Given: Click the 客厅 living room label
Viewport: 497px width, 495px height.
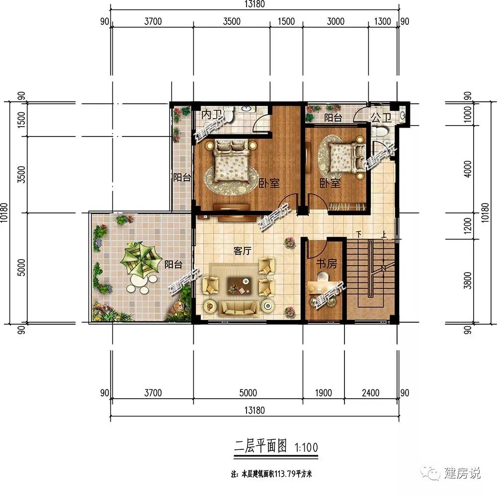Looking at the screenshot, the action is [x=243, y=251].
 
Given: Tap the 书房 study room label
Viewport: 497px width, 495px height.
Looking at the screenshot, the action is [x=327, y=263].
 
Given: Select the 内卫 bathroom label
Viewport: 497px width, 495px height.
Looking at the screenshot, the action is [x=211, y=115].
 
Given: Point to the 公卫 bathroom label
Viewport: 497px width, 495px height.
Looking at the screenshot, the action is [x=381, y=118].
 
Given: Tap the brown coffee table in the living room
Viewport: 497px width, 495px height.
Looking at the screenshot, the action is [x=240, y=285].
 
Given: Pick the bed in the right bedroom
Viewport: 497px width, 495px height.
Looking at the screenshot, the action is [x=346, y=157].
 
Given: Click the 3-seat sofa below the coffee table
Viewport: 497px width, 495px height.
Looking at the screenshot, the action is [x=239, y=308].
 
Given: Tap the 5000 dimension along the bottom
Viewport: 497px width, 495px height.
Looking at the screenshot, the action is [x=248, y=393].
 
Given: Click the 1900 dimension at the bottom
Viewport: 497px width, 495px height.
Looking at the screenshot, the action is [x=324, y=393].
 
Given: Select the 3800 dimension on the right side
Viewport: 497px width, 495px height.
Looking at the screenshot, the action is [x=467, y=281].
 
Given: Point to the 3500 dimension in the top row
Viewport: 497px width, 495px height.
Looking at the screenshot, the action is [x=232, y=21].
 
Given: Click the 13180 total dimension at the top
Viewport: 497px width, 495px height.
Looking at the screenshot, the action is [x=254, y=4].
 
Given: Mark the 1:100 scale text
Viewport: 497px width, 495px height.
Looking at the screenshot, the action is [x=306, y=447].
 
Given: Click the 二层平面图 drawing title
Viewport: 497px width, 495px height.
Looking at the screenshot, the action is [x=260, y=446].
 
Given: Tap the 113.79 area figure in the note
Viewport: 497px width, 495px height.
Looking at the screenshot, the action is [x=285, y=474].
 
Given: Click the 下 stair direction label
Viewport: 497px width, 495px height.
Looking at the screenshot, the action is [x=359, y=234].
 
